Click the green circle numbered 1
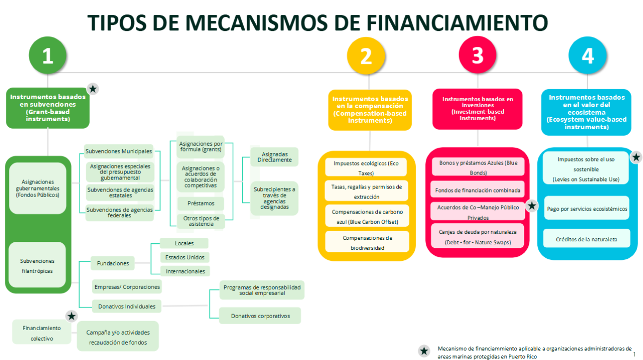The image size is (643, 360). (x=48, y=56)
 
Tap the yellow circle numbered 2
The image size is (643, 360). (x=366, y=56)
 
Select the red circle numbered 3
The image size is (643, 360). (x=478, y=55)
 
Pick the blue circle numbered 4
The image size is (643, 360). (x=588, y=56)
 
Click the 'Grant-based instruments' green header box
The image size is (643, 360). (x=48, y=108)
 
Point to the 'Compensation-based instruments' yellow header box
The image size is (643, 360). (x=370, y=110)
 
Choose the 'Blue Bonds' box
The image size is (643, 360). (x=478, y=168)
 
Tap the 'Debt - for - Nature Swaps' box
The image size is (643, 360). (x=478, y=237)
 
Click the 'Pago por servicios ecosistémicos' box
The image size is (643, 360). (x=586, y=208)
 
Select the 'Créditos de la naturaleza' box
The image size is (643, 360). (x=586, y=239)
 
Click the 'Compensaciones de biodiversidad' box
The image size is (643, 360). (x=367, y=242)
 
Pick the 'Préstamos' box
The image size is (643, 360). (x=201, y=203)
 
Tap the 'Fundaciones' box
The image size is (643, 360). (x=113, y=263)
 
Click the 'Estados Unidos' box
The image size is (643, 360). (x=184, y=257)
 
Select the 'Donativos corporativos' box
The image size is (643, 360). (x=260, y=316)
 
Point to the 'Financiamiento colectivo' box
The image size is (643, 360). (x=41, y=333)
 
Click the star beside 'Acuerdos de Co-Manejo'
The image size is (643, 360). (x=532, y=205)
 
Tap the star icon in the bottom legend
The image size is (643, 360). (x=424, y=351)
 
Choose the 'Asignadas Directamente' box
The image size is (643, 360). (x=275, y=157)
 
